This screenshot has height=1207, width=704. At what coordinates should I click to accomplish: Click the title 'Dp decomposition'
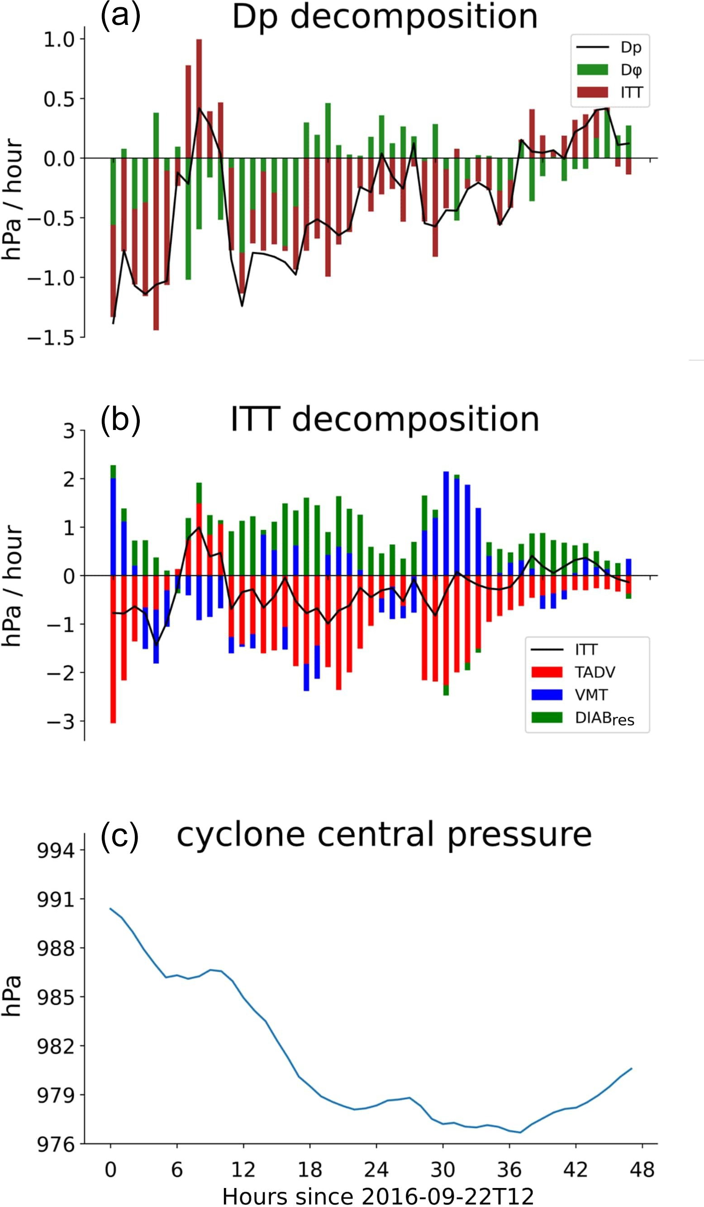[385, 17]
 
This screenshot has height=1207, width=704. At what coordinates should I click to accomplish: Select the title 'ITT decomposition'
[385, 420]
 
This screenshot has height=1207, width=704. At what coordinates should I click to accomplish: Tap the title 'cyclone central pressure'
[384, 835]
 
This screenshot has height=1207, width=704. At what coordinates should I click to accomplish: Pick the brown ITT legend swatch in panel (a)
[592, 92]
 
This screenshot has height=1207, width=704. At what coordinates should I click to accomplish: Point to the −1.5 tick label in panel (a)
[51, 339]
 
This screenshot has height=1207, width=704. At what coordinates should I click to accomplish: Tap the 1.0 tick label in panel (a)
[59, 39]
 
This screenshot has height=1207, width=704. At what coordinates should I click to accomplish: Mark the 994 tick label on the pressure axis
[56, 851]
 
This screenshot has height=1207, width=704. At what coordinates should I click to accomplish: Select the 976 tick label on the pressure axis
[56, 1144]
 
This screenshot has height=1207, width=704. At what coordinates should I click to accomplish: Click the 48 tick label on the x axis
[642, 1169]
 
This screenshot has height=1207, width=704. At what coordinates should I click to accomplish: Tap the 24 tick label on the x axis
[376, 1169]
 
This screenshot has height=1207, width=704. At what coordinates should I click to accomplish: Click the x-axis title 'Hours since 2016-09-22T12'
[378, 1196]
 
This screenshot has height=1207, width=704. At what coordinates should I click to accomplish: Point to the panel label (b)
[120, 420]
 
